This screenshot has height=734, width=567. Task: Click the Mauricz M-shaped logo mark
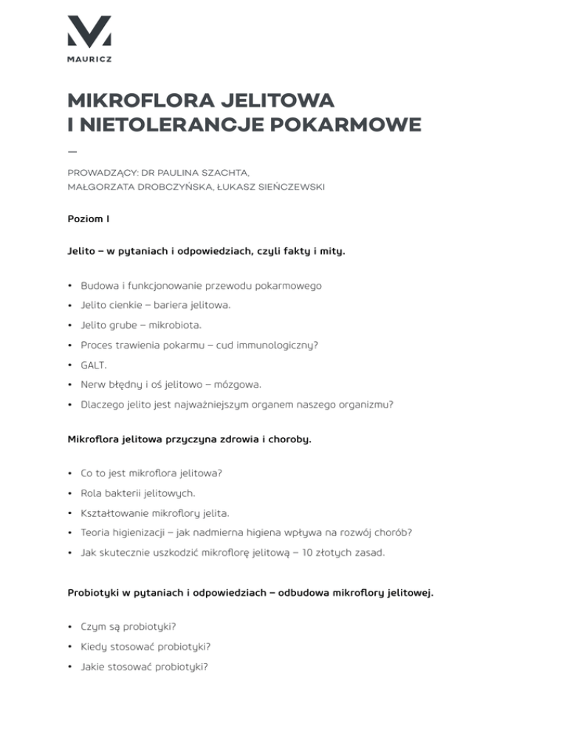[x=89, y=31]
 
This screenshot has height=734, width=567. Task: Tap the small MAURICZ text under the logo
[x=89, y=60]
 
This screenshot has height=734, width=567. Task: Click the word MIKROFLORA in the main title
[x=131, y=100]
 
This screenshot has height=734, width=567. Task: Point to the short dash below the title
[x=72, y=151]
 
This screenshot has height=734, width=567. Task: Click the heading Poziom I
[x=88, y=219]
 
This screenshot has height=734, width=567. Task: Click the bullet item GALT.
[x=93, y=364]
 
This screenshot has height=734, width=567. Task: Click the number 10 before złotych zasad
[x=300, y=552]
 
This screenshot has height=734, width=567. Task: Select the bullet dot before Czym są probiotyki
[x=69, y=626]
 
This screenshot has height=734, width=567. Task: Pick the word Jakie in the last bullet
[x=94, y=666]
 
